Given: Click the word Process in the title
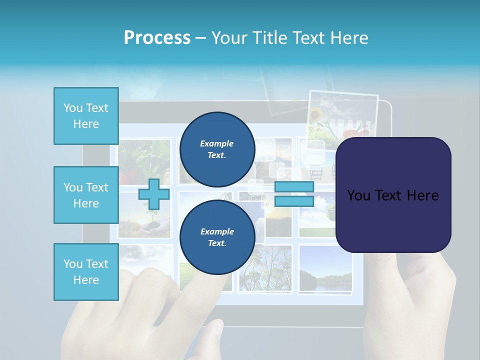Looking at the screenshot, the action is (x=157, y=37).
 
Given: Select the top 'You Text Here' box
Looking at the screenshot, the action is (x=86, y=116).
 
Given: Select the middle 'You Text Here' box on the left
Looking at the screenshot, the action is (x=86, y=195).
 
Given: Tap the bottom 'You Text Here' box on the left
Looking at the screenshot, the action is (x=86, y=271).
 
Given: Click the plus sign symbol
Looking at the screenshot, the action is (x=154, y=194).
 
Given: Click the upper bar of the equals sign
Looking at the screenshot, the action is (x=294, y=186).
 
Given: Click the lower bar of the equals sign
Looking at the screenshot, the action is (x=294, y=201).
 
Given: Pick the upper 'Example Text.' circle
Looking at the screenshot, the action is (x=217, y=149).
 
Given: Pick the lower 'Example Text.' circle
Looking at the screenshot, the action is (x=217, y=237).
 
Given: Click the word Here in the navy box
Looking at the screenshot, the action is (x=422, y=195).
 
